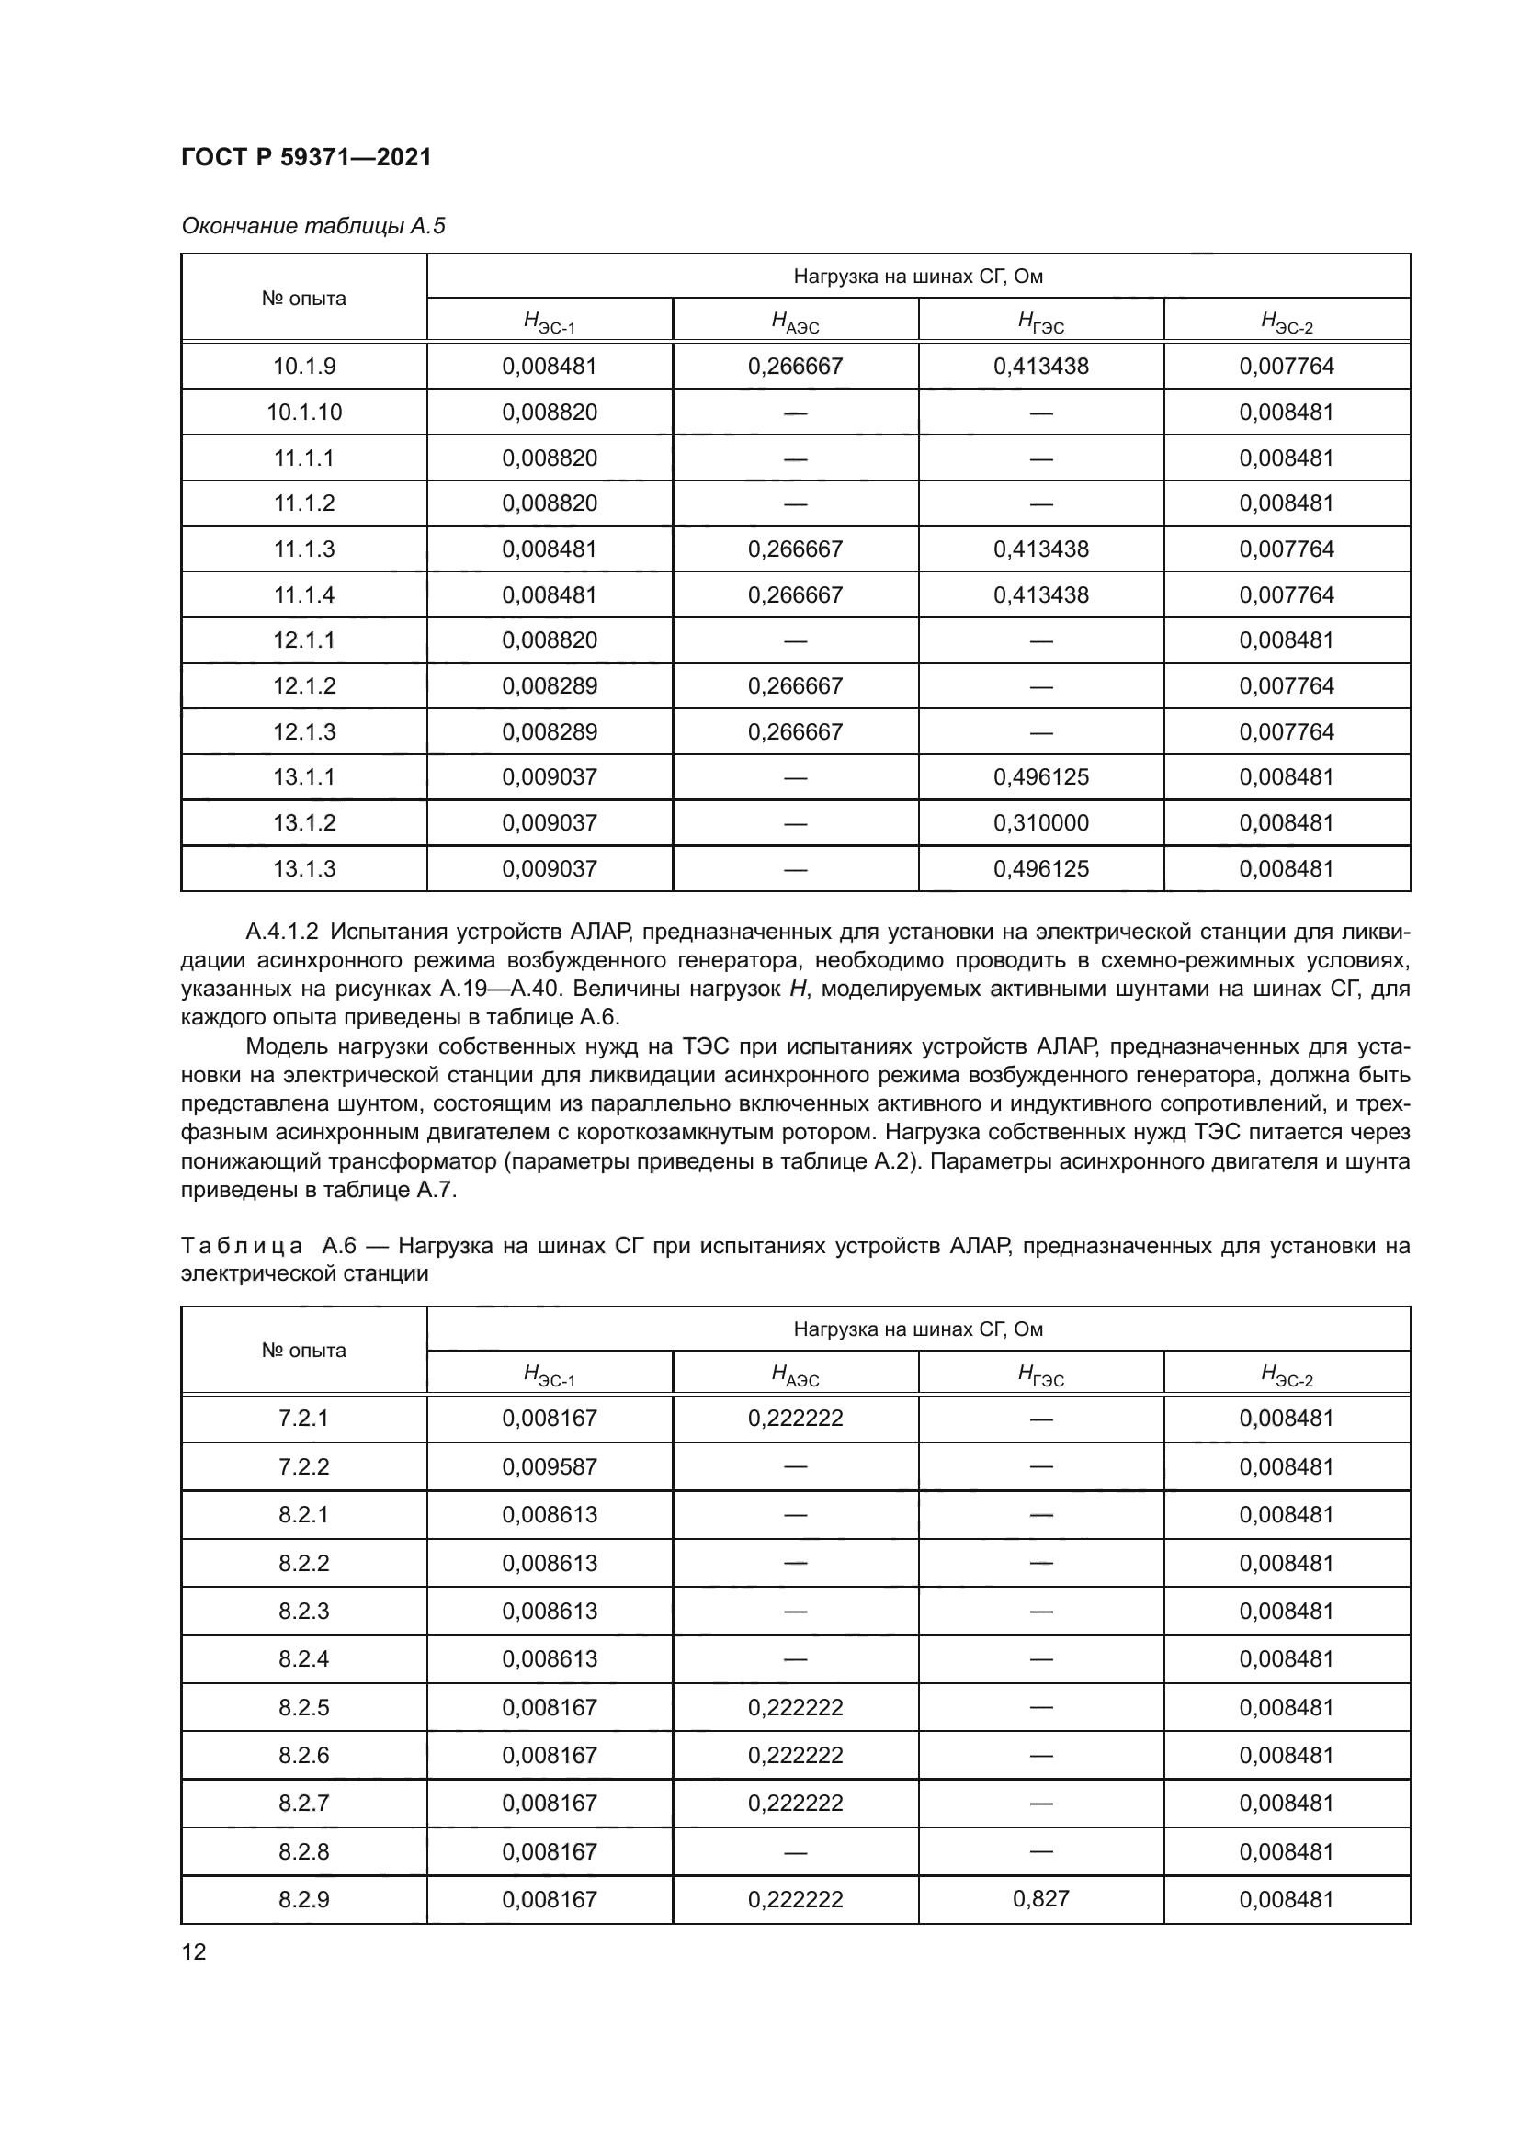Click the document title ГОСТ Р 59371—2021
305,157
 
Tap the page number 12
194,1951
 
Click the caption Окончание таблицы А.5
312,226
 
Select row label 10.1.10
304,412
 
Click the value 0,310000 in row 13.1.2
1041,822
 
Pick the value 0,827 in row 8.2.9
1041,1898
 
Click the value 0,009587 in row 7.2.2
550,1466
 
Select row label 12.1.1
304,640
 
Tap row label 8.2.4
304,1658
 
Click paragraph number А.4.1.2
282,932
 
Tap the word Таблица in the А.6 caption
242,1246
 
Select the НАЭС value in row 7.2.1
795,1418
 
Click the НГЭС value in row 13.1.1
1041,777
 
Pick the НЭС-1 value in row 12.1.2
550,686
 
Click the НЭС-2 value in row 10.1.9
1286,366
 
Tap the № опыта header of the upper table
304,299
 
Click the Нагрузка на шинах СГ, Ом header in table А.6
917,1329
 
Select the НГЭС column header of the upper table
1041,322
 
